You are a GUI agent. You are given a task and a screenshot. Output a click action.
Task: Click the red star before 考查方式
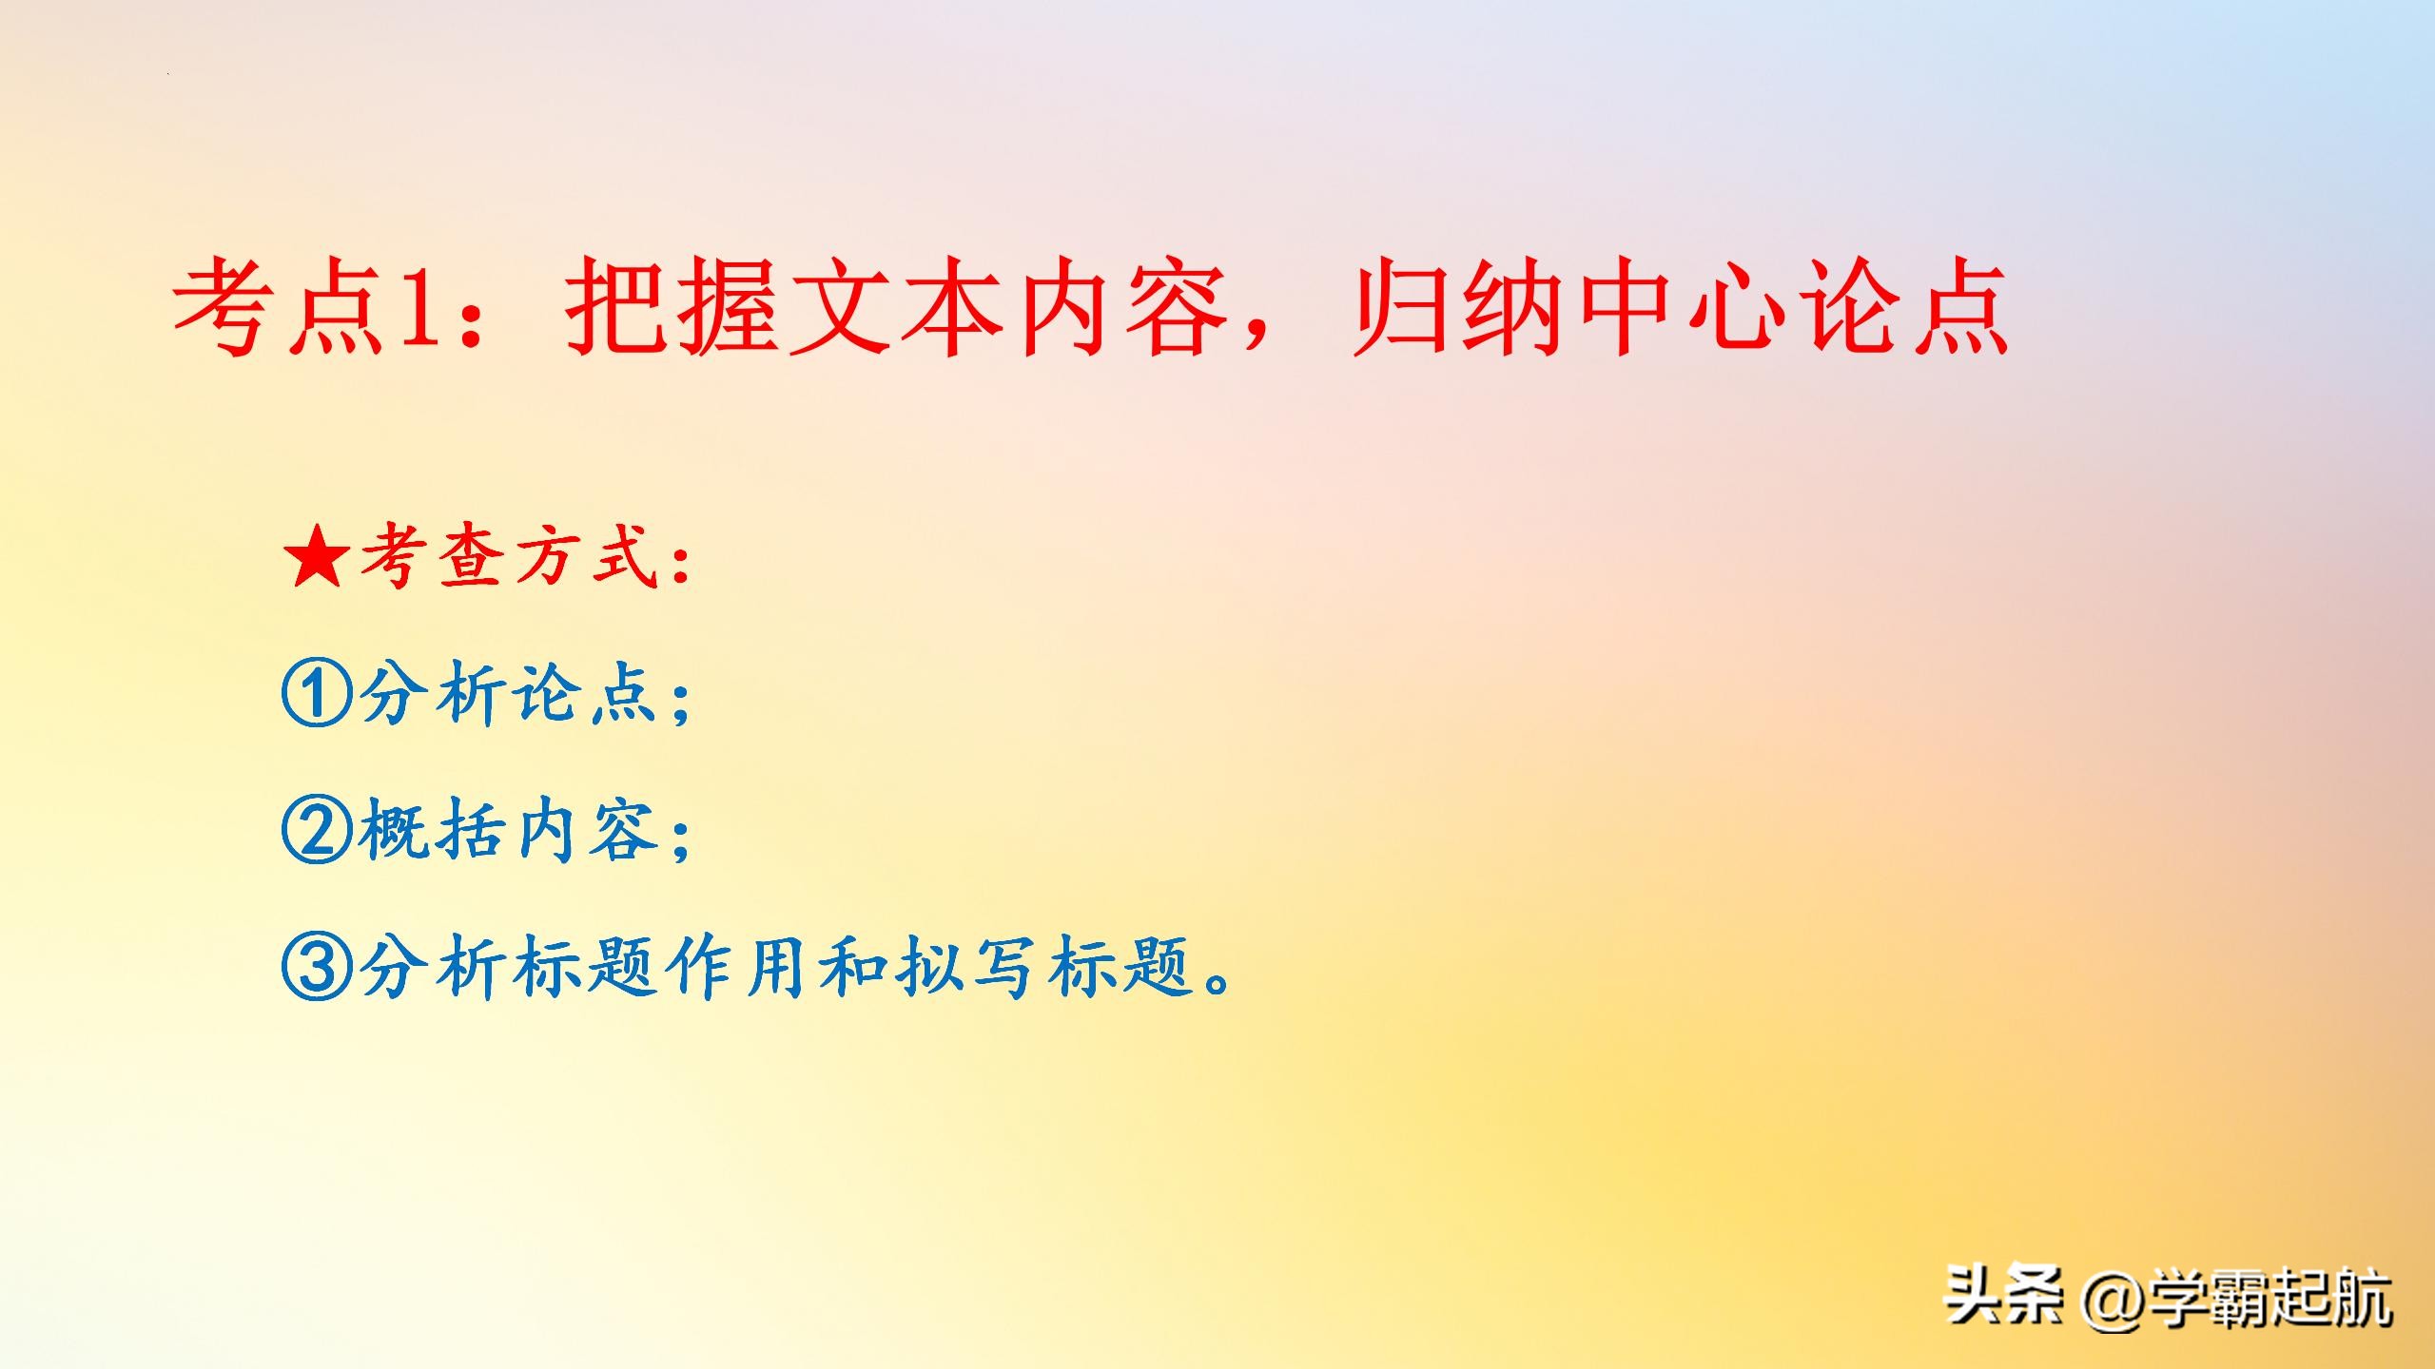click(x=317, y=559)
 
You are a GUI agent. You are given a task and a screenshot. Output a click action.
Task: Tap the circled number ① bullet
click(x=317, y=694)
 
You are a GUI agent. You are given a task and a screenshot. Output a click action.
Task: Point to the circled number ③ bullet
click(x=317, y=967)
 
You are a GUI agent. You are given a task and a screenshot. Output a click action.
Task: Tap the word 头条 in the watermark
click(x=2003, y=1299)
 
